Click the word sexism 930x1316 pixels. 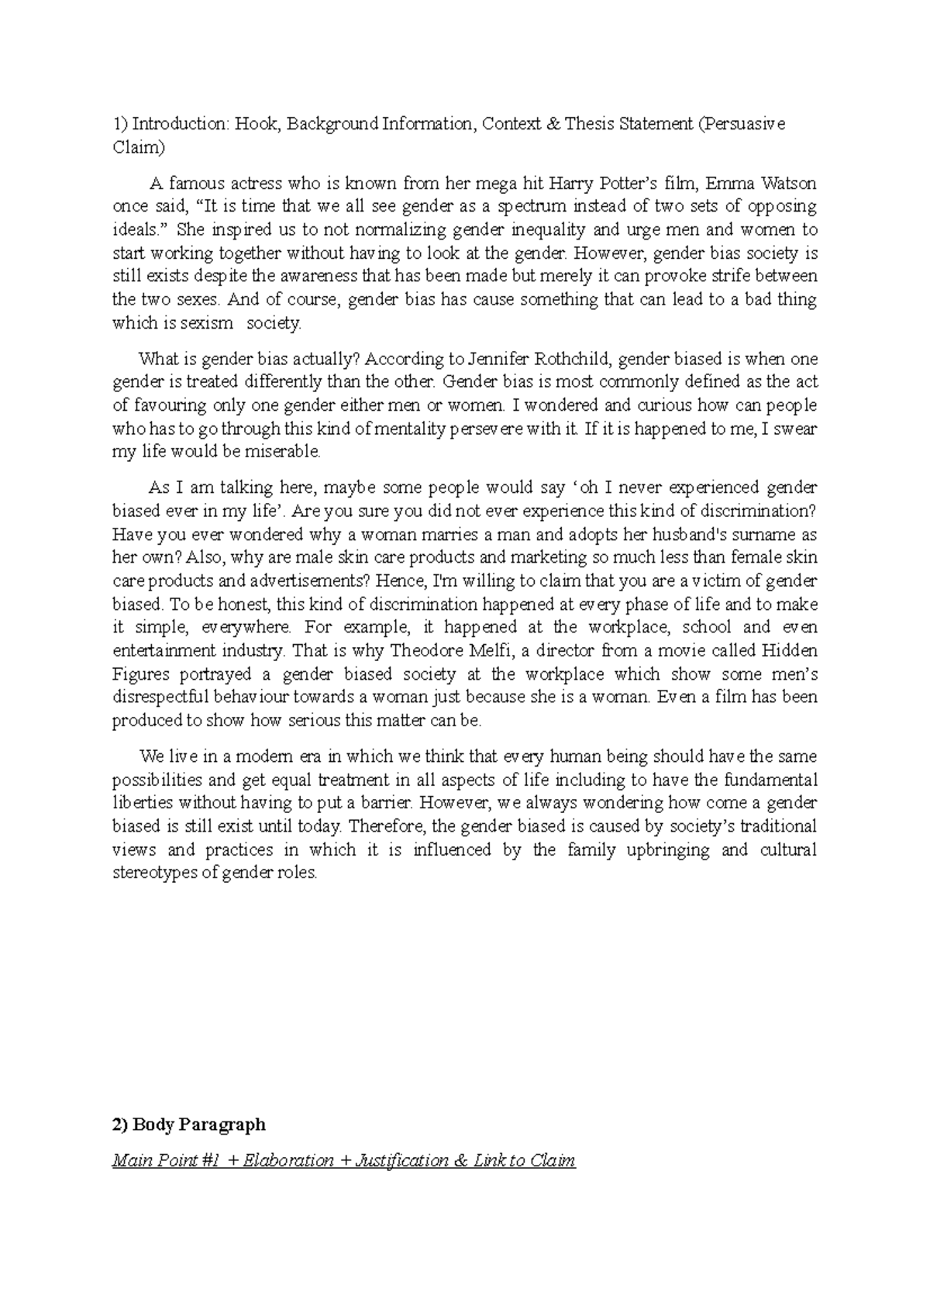point(206,323)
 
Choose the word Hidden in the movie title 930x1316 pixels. point(790,650)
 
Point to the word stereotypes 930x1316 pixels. point(154,873)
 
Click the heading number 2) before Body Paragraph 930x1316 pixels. point(120,1125)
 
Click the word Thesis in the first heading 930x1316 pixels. point(590,124)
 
